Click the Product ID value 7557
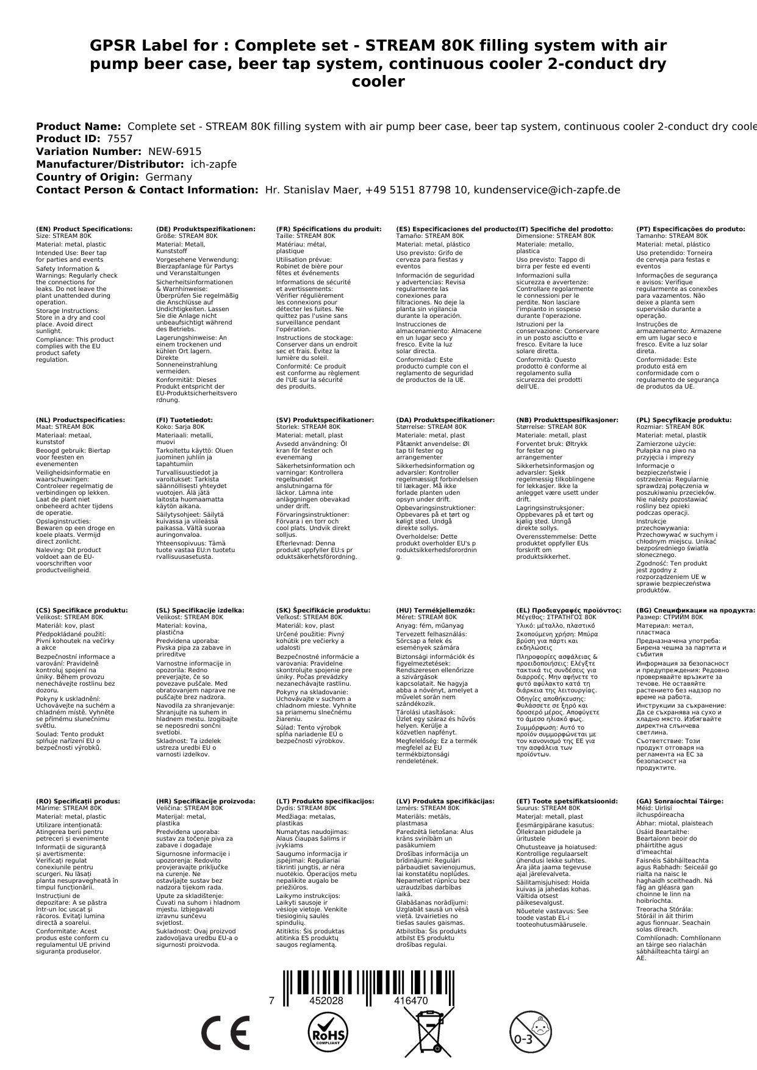pyautogui.click(x=120, y=138)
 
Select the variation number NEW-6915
pyautogui.click(x=174, y=151)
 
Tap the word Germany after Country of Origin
pyautogui.click(x=168, y=177)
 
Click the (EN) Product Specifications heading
pyautogui.click(x=84, y=229)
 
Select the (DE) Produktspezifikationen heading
pyautogui.click(x=206, y=229)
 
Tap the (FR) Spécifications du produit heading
pyautogui.click(x=329, y=229)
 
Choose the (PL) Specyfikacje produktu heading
pyautogui.click(x=684, y=420)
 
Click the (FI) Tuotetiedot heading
pyautogui.click(x=184, y=420)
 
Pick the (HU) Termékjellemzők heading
pyautogui.click(x=436, y=610)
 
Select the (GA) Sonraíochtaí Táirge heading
pyautogui.click(x=680, y=801)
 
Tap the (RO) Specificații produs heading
pyautogui.click(x=78, y=801)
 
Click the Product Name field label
pyautogui.click(x=78, y=126)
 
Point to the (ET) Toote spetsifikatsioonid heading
pyautogui.click(x=567, y=801)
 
